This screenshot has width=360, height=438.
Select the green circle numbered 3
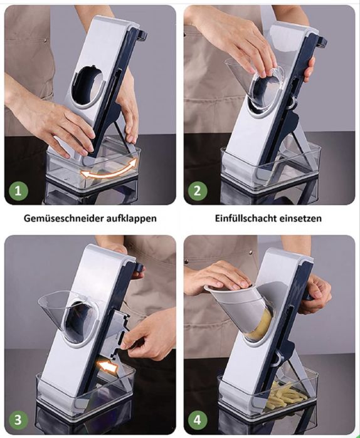tap(18, 420)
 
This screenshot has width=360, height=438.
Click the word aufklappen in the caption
tap(130, 219)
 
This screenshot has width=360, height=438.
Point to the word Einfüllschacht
tap(243, 219)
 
